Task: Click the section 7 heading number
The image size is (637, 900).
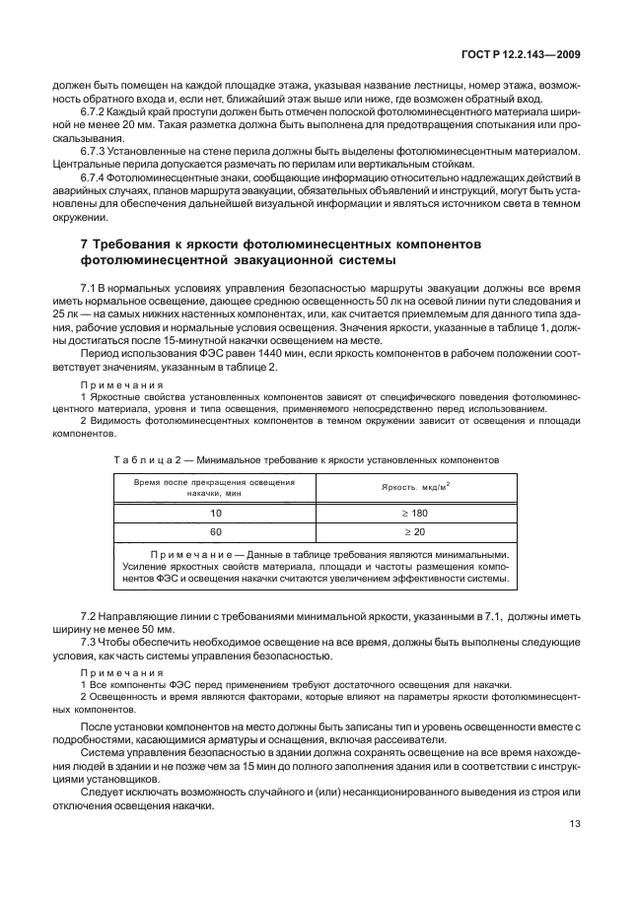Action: pyautogui.click(x=84, y=242)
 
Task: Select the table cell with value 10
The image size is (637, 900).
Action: pyautogui.click(x=216, y=514)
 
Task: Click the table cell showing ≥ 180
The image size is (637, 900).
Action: pyautogui.click(x=416, y=514)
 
